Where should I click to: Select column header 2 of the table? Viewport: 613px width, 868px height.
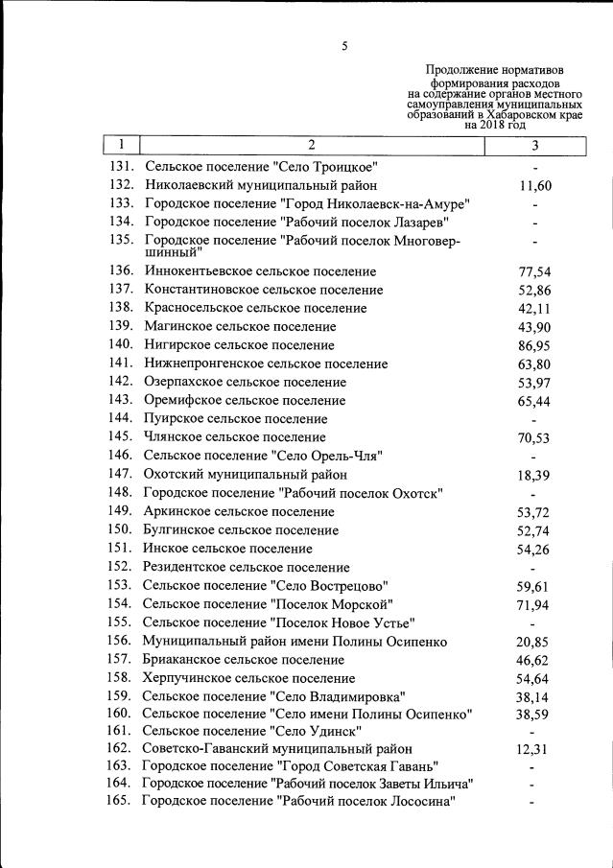point(311,145)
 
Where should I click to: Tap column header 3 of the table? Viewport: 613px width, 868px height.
point(534,146)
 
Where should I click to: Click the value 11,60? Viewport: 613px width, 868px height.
point(534,186)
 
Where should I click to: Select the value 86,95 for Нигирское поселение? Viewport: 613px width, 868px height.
point(534,344)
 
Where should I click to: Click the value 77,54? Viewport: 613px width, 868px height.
point(534,272)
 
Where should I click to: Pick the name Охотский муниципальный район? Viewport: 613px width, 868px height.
point(245,474)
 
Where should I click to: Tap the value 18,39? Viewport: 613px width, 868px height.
point(534,475)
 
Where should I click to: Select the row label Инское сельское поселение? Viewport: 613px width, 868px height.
point(227,549)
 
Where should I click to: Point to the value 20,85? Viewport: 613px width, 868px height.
point(534,641)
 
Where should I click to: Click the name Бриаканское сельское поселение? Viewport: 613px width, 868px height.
point(243,660)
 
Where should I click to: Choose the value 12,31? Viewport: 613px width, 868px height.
point(534,750)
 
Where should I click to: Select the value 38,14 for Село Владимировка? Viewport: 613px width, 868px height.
point(534,696)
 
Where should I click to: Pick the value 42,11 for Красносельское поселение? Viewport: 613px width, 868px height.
point(534,308)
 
